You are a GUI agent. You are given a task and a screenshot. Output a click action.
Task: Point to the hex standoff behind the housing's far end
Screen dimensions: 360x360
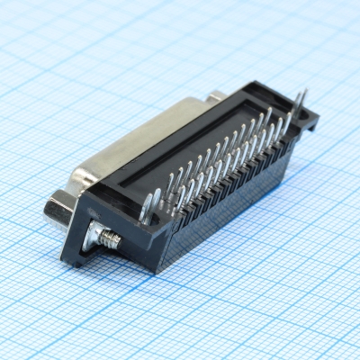click(x=216, y=97)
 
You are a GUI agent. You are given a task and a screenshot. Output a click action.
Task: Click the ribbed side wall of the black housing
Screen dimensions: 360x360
click(x=234, y=193)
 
